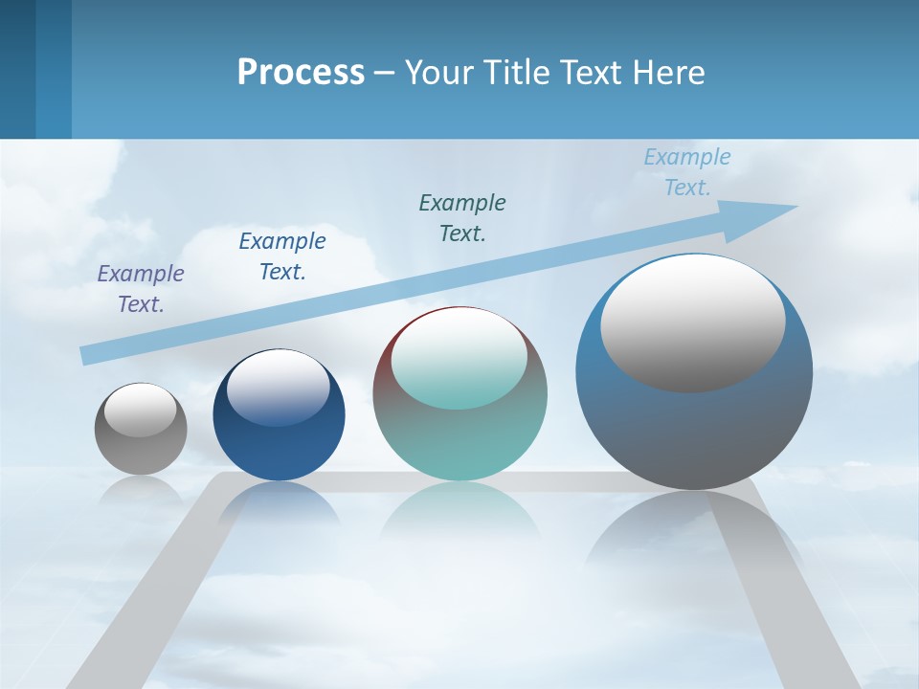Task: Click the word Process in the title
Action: point(301,73)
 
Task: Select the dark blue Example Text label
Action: point(282,256)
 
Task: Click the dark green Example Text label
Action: point(462,218)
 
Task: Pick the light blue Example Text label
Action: point(687,172)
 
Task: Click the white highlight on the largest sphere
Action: point(693,322)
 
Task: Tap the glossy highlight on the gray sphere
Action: point(141,410)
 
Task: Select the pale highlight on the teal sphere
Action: point(459,359)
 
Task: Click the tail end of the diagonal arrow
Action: point(86,356)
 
